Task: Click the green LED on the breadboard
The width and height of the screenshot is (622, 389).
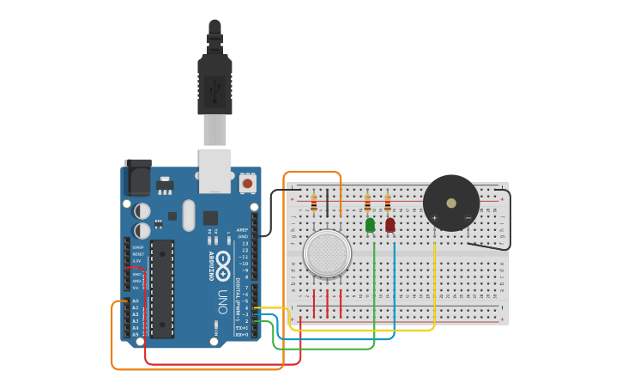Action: pyautogui.click(x=370, y=225)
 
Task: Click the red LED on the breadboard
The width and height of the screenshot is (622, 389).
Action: pyautogui.click(x=390, y=225)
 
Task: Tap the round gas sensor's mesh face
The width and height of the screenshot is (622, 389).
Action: pyautogui.click(x=327, y=253)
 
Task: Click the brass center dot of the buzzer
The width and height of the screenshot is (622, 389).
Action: pyautogui.click(x=451, y=203)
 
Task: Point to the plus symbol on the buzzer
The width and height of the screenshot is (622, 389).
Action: pyautogui.click(x=435, y=218)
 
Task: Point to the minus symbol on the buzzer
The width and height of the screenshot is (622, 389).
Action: pyautogui.click(x=468, y=218)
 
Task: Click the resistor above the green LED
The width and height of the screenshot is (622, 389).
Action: pyautogui.click(x=368, y=204)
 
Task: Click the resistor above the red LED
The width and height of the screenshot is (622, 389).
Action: pyautogui.click(x=388, y=204)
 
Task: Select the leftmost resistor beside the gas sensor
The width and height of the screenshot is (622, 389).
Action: pyautogui.click(x=314, y=204)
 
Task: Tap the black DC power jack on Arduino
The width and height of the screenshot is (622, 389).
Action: pyautogui.click(x=138, y=178)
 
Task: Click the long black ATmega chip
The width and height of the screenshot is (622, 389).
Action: pyautogui.click(x=162, y=287)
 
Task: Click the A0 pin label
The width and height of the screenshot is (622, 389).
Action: pyautogui.click(x=136, y=301)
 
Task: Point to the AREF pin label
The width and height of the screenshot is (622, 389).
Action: pyautogui.click(x=243, y=230)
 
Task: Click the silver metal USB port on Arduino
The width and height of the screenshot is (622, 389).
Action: pyautogui.click(x=214, y=170)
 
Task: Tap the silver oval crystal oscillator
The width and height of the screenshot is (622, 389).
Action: pyautogui.click(x=189, y=215)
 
